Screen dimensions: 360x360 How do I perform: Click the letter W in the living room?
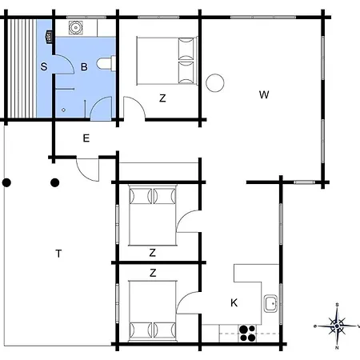(264, 94)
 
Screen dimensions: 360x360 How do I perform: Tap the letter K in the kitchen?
(234, 302)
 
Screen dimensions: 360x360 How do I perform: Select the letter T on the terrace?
(58, 254)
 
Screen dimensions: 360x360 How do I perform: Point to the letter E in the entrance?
(86, 138)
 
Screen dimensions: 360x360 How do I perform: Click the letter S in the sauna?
(44, 66)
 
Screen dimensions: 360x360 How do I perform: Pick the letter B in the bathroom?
(84, 66)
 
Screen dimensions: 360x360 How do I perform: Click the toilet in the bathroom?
(106, 63)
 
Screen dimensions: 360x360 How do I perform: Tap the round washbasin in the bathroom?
(76, 27)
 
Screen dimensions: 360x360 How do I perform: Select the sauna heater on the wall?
(49, 36)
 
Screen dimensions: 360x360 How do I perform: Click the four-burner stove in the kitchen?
(247, 334)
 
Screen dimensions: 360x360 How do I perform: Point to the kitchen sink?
(270, 303)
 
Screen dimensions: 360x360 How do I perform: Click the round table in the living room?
(215, 83)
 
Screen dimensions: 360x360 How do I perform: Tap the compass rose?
(337, 326)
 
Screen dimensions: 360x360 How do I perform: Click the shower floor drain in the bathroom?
(63, 110)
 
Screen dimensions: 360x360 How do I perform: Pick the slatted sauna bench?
(22, 68)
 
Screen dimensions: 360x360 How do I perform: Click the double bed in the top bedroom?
(167, 61)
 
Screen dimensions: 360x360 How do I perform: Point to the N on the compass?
(337, 348)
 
